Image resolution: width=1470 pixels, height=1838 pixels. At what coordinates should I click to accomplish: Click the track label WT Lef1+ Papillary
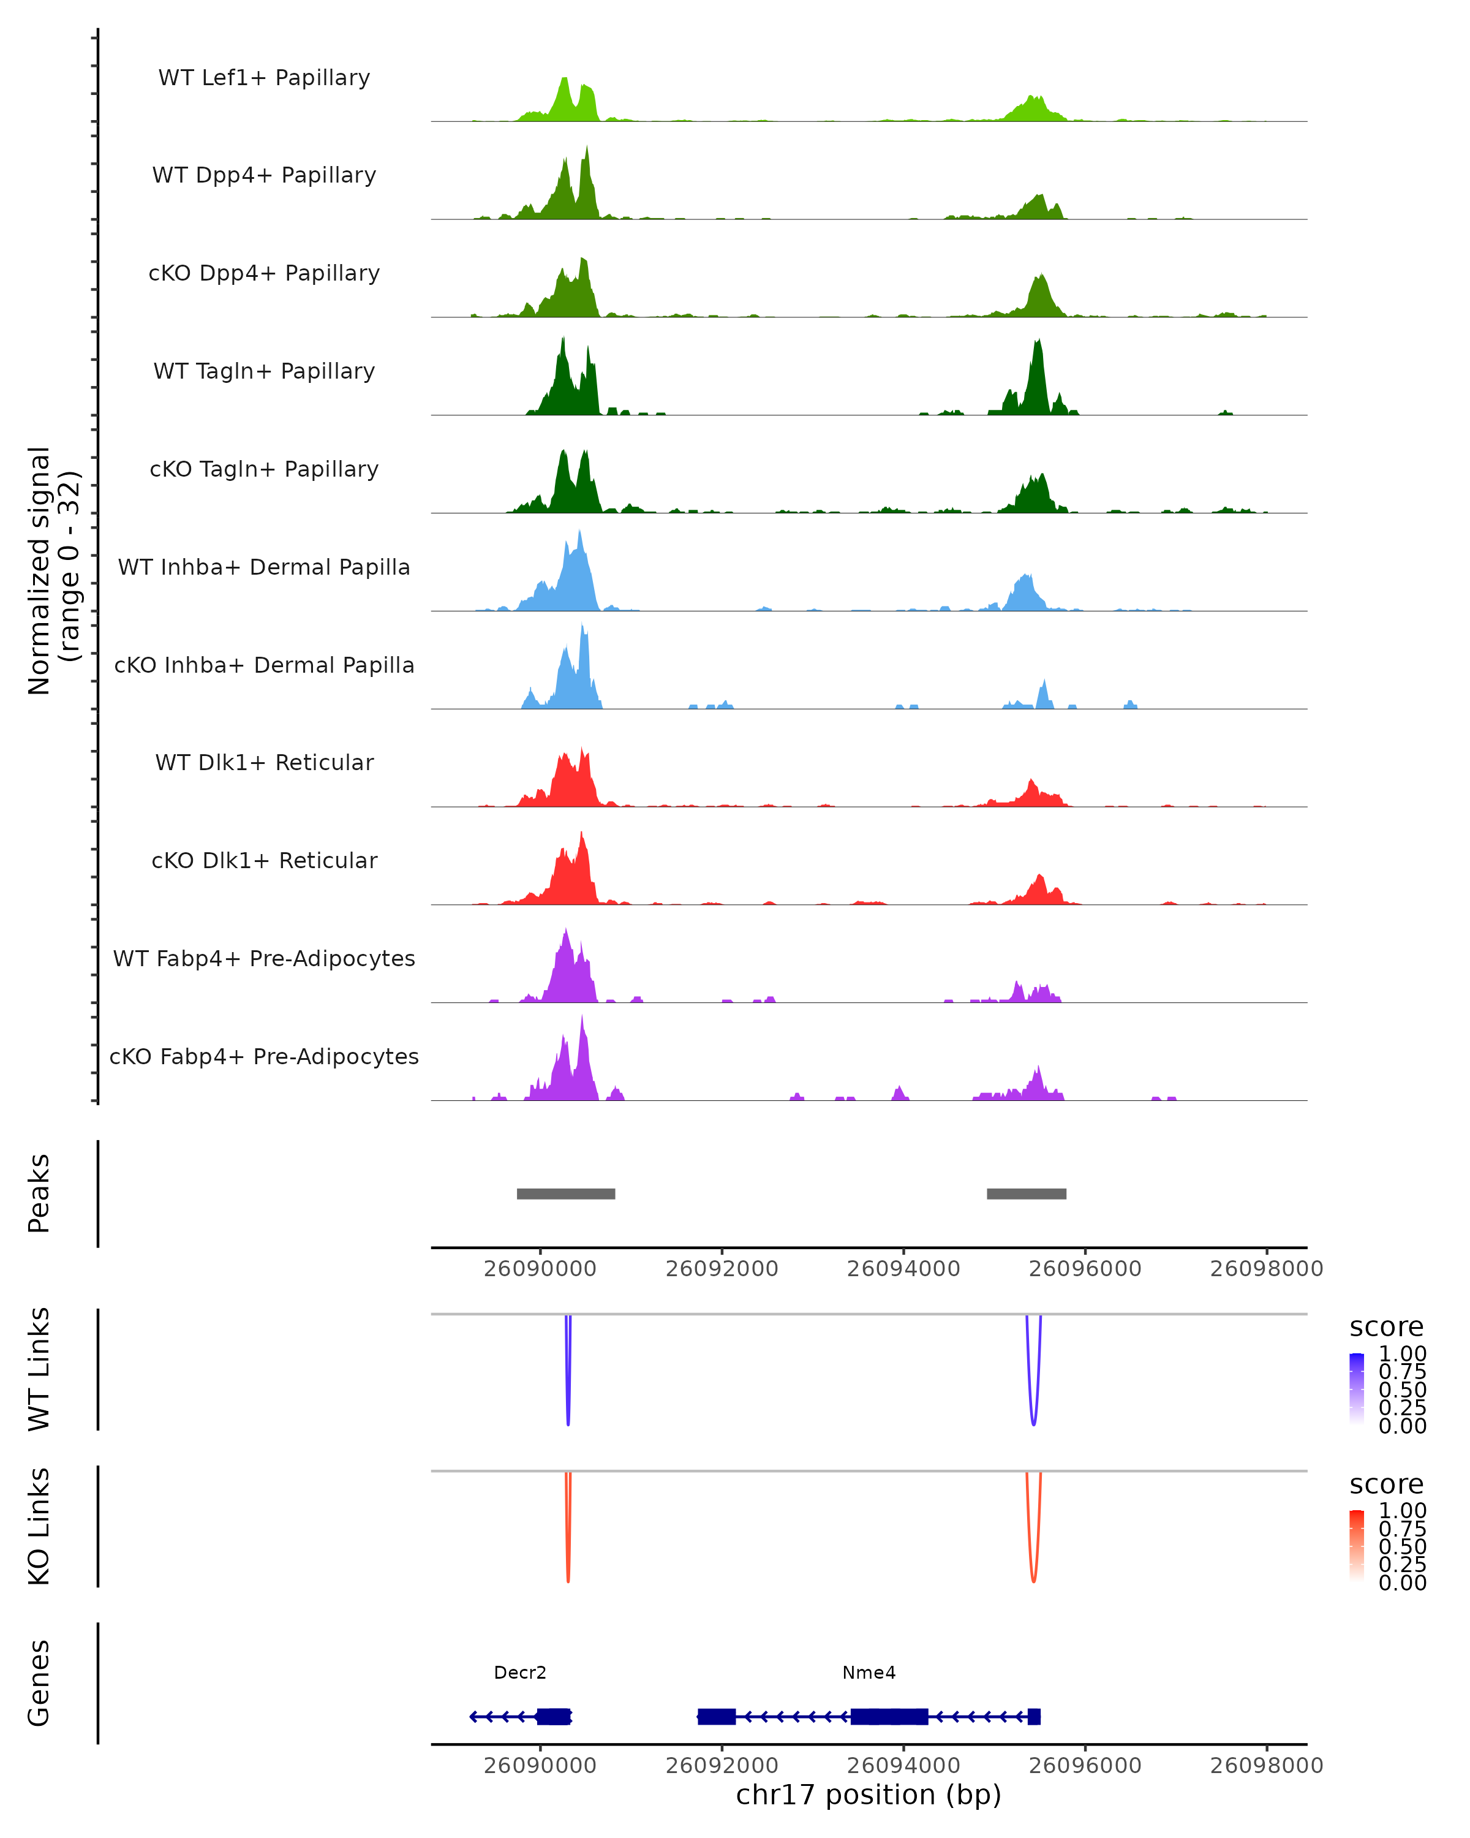tap(264, 78)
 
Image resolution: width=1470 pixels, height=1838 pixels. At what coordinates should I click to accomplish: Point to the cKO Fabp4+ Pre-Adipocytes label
tap(264, 1056)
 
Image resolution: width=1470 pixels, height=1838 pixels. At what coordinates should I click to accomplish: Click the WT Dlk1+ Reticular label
tap(264, 762)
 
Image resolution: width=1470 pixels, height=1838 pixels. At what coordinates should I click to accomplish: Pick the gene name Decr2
tap(520, 1673)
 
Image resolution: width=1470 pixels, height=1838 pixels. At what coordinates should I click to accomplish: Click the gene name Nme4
tap(869, 1673)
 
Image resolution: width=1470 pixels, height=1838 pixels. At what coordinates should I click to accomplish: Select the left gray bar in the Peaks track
tap(566, 1193)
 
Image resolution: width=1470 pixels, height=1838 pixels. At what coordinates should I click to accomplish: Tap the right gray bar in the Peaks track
tap(1026, 1193)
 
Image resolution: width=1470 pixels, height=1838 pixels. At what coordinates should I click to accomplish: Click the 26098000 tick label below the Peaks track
tap(1266, 1269)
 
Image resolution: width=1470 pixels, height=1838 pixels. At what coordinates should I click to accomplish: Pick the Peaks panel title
tap(39, 1193)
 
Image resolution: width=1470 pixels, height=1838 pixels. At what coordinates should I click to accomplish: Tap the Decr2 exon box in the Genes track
tap(554, 1716)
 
